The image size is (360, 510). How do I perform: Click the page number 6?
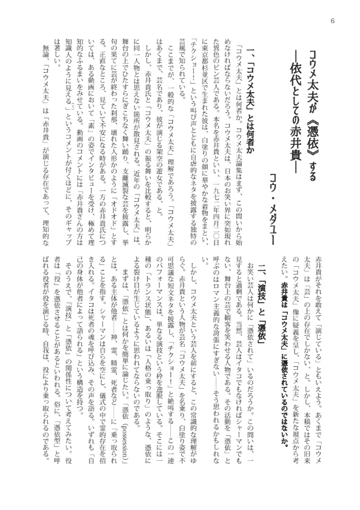[x=332, y=22]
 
